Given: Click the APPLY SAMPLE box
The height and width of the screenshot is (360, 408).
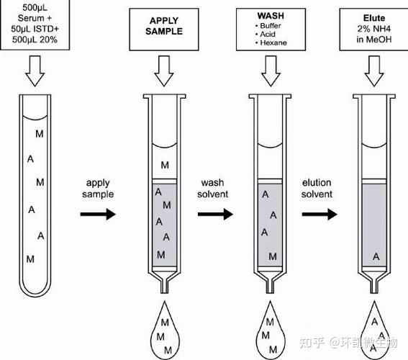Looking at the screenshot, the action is click(164, 29).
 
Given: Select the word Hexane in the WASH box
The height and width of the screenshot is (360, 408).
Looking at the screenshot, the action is click(273, 42).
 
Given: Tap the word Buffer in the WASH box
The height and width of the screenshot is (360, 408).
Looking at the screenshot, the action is click(271, 26).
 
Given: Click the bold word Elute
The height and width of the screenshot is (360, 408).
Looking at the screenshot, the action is click(374, 18).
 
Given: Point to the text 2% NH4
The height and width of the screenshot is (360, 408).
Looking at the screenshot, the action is click(374, 29).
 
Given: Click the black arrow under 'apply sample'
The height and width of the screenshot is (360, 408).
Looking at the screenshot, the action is click(98, 215).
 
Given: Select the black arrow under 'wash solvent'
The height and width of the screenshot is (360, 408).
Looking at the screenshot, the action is click(215, 215).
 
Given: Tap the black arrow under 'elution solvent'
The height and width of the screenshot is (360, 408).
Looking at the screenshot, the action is click(319, 215).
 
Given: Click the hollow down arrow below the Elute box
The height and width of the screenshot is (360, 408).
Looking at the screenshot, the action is click(374, 71).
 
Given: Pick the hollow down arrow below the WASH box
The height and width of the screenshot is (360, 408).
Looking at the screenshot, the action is click(271, 71).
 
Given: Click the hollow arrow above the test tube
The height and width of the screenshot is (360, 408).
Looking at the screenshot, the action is click(35, 71).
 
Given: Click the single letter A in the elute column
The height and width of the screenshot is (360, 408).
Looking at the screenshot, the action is click(376, 257).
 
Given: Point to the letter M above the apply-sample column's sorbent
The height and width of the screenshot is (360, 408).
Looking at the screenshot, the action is click(165, 165).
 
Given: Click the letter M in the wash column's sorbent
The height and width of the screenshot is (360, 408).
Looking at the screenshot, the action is click(273, 256).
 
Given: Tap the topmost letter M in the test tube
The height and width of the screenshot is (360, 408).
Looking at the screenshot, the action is click(40, 134).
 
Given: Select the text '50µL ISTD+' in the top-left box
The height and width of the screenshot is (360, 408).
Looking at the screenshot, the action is click(35, 29).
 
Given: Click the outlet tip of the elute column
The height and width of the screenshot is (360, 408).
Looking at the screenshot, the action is click(374, 292).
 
